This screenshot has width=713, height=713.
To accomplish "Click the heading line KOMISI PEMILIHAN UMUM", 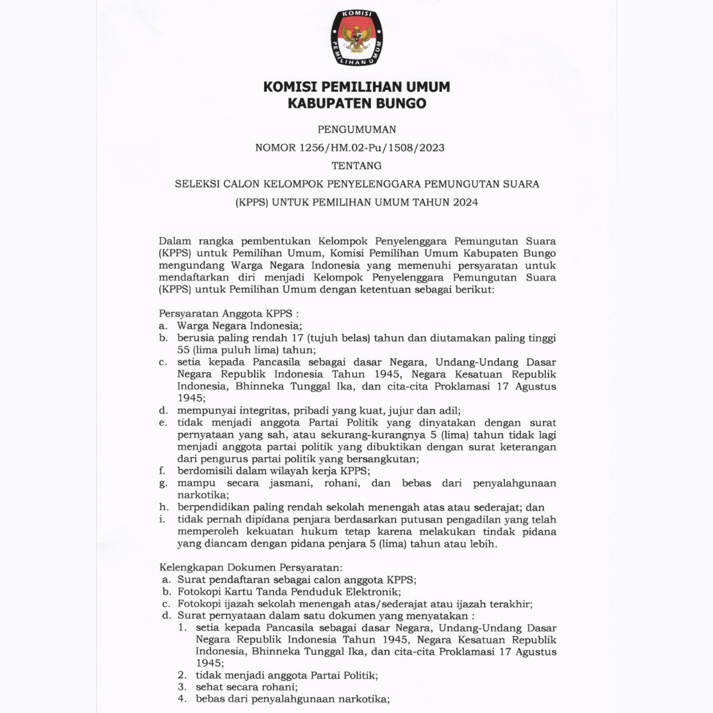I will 356,87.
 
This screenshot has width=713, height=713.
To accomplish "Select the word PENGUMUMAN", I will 356,129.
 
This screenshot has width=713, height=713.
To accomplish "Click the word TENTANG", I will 356,166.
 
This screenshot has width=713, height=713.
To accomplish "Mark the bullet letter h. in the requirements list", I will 162,507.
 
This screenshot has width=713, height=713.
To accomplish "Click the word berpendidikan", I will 211,507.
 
